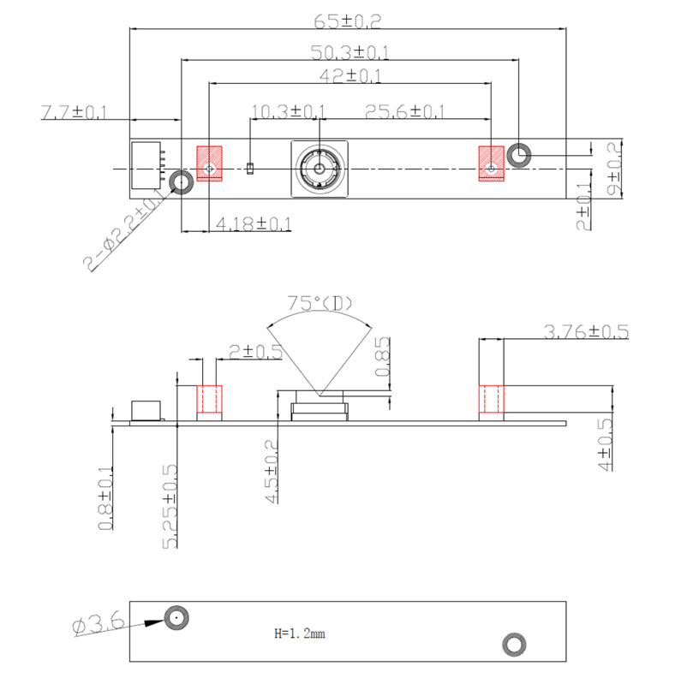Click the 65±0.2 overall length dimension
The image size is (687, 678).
click(348, 21)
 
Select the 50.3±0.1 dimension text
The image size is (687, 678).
click(349, 52)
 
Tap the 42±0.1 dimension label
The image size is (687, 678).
click(350, 76)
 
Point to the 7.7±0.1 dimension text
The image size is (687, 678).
click(74, 111)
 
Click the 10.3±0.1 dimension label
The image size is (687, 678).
click(288, 111)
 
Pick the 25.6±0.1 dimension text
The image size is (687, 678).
click(404, 111)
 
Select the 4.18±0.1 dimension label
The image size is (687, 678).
click(254, 224)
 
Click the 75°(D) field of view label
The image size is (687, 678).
click(320, 303)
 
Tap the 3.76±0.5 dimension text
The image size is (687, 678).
click(586, 331)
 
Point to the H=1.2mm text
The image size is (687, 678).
click(300, 633)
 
